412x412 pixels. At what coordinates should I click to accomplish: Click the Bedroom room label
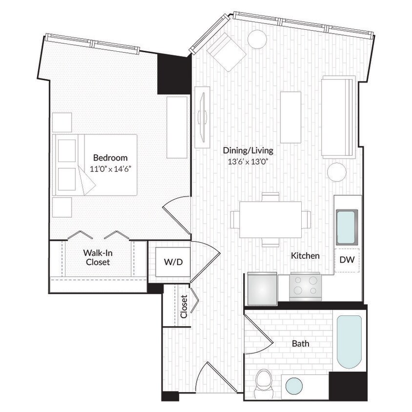(110, 158)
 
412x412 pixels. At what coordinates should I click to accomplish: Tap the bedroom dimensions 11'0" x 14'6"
(110, 169)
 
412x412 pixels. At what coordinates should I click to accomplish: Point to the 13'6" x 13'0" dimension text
(248, 162)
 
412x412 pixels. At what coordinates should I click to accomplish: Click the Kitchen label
(305, 255)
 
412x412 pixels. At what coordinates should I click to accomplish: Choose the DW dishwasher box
(347, 260)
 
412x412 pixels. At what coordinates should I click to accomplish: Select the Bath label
(300, 344)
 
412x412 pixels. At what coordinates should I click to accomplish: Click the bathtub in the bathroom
(349, 342)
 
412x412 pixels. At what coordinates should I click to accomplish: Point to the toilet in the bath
(264, 381)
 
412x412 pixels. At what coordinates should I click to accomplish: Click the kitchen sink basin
(347, 227)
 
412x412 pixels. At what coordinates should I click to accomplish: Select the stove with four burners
(305, 287)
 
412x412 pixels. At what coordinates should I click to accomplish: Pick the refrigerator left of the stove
(262, 287)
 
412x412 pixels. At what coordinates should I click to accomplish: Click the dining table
(270, 219)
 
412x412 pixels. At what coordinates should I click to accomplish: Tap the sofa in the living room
(338, 117)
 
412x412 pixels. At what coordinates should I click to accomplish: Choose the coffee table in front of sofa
(290, 117)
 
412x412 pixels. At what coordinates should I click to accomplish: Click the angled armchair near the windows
(227, 52)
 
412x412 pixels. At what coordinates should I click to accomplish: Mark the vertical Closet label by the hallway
(184, 307)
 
